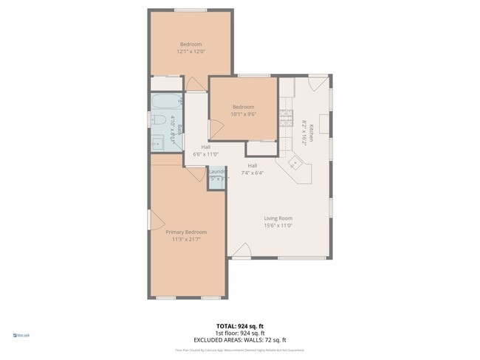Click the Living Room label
click(278, 218)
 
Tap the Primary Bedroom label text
click(185, 232)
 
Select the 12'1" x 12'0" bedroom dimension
click(191, 52)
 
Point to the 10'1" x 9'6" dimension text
click(244, 114)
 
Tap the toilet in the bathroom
click(158, 120)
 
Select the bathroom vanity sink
click(157, 142)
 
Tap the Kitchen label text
click(312, 133)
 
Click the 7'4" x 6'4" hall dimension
click(252, 173)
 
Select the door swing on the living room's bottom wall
click(241, 252)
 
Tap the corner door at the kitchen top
click(318, 83)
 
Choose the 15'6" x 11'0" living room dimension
click(278, 226)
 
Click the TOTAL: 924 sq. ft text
click(239, 325)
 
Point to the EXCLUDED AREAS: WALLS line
click(239, 339)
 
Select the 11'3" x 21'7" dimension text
click(185, 239)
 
